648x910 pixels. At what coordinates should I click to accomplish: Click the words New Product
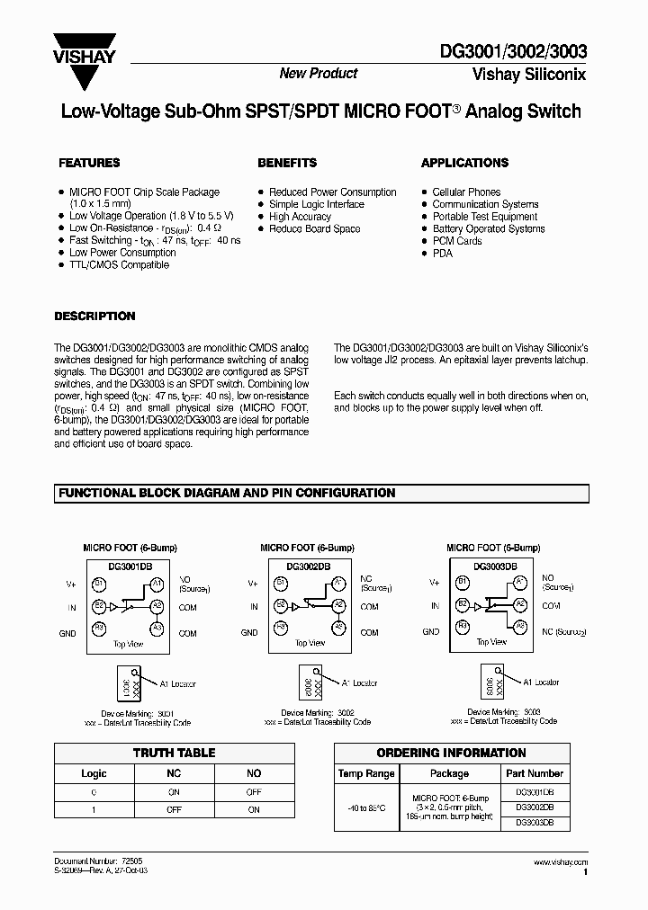tap(318, 74)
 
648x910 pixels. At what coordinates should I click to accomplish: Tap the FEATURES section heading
tap(89, 163)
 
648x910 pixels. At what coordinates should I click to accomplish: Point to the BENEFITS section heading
tap(287, 163)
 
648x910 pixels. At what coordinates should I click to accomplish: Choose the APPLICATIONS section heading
tap(464, 163)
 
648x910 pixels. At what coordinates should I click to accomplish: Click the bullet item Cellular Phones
tap(466, 192)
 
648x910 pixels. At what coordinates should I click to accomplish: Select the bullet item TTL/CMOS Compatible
tap(119, 265)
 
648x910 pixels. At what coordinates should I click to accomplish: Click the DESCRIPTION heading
tap(94, 317)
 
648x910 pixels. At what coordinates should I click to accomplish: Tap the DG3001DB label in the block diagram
tap(127, 567)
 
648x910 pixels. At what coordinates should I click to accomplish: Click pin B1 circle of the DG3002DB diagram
tap(282, 584)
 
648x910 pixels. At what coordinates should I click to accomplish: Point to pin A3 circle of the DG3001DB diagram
tap(157, 628)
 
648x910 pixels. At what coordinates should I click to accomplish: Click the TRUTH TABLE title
tap(174, 754)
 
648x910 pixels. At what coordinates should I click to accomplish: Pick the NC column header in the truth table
tap(174, 773)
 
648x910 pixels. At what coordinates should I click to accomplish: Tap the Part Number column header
tap(534, 773)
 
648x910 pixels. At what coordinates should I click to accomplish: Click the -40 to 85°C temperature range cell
tap(366, 807)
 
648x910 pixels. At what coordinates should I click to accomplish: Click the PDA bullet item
tap(442, 254)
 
